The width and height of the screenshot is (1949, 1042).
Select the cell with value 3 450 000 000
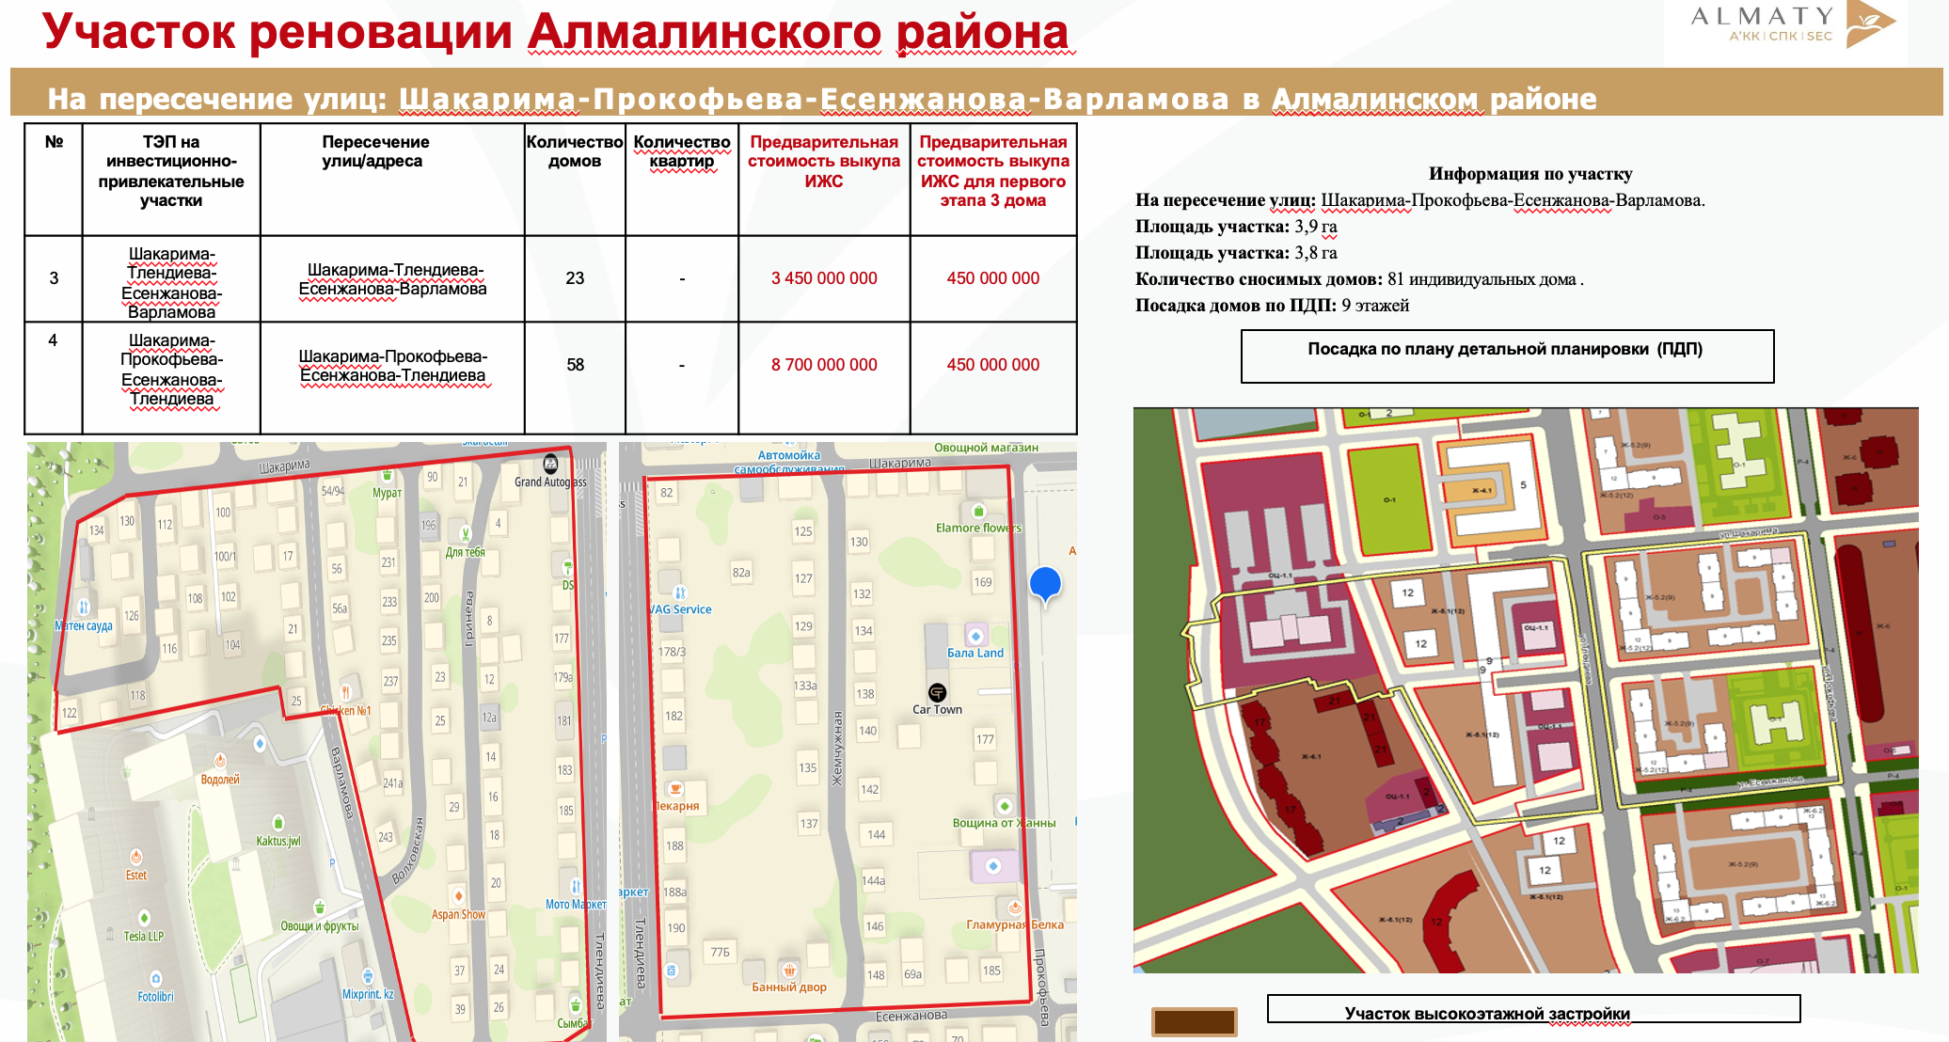824,278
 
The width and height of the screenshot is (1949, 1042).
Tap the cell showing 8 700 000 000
824,365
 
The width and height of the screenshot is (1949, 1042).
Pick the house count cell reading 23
575,278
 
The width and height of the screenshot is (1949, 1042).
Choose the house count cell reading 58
575,365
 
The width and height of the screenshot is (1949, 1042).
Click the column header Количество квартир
682,151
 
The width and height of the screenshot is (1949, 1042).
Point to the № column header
54,142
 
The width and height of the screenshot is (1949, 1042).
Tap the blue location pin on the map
1045,583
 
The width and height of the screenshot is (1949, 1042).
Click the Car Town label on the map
937,709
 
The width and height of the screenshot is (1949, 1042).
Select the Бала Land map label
975,653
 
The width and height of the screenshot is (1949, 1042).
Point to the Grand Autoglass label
550,482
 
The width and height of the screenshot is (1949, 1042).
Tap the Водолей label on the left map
220,780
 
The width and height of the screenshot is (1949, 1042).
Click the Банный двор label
789,987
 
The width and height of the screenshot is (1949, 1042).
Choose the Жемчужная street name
836,748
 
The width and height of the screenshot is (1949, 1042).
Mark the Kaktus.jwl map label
278,841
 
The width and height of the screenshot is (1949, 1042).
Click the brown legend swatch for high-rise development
1194,1021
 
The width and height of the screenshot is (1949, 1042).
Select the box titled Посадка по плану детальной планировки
1507,355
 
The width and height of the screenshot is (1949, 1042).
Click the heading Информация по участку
1530,173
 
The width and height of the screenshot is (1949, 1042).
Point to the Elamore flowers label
978,528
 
